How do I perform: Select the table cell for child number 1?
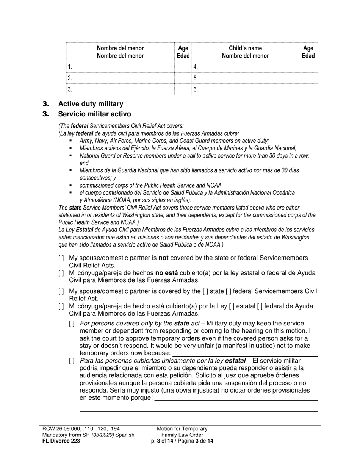[x=121, y=67]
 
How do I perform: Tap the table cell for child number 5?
[x=245, y=78]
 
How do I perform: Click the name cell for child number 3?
[x=121, y=90]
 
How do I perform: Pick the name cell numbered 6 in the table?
[x=245, y=90]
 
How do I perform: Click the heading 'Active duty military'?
[x=90, y=104]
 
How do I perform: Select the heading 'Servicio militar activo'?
[x=94, y=114]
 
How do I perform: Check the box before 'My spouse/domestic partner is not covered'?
[x=61, y=258]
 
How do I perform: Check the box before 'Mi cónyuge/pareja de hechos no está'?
[x=61, y=273]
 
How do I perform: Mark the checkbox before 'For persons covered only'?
[x=72, y=324]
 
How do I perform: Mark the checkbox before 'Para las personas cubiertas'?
[x=72, y=361]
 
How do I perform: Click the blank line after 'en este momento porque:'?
[x=236, y=398]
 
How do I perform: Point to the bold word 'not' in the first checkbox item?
[x=163, y=258]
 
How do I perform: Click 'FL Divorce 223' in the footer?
[x=61, y=441]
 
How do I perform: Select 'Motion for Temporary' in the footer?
[x=182, y=429]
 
